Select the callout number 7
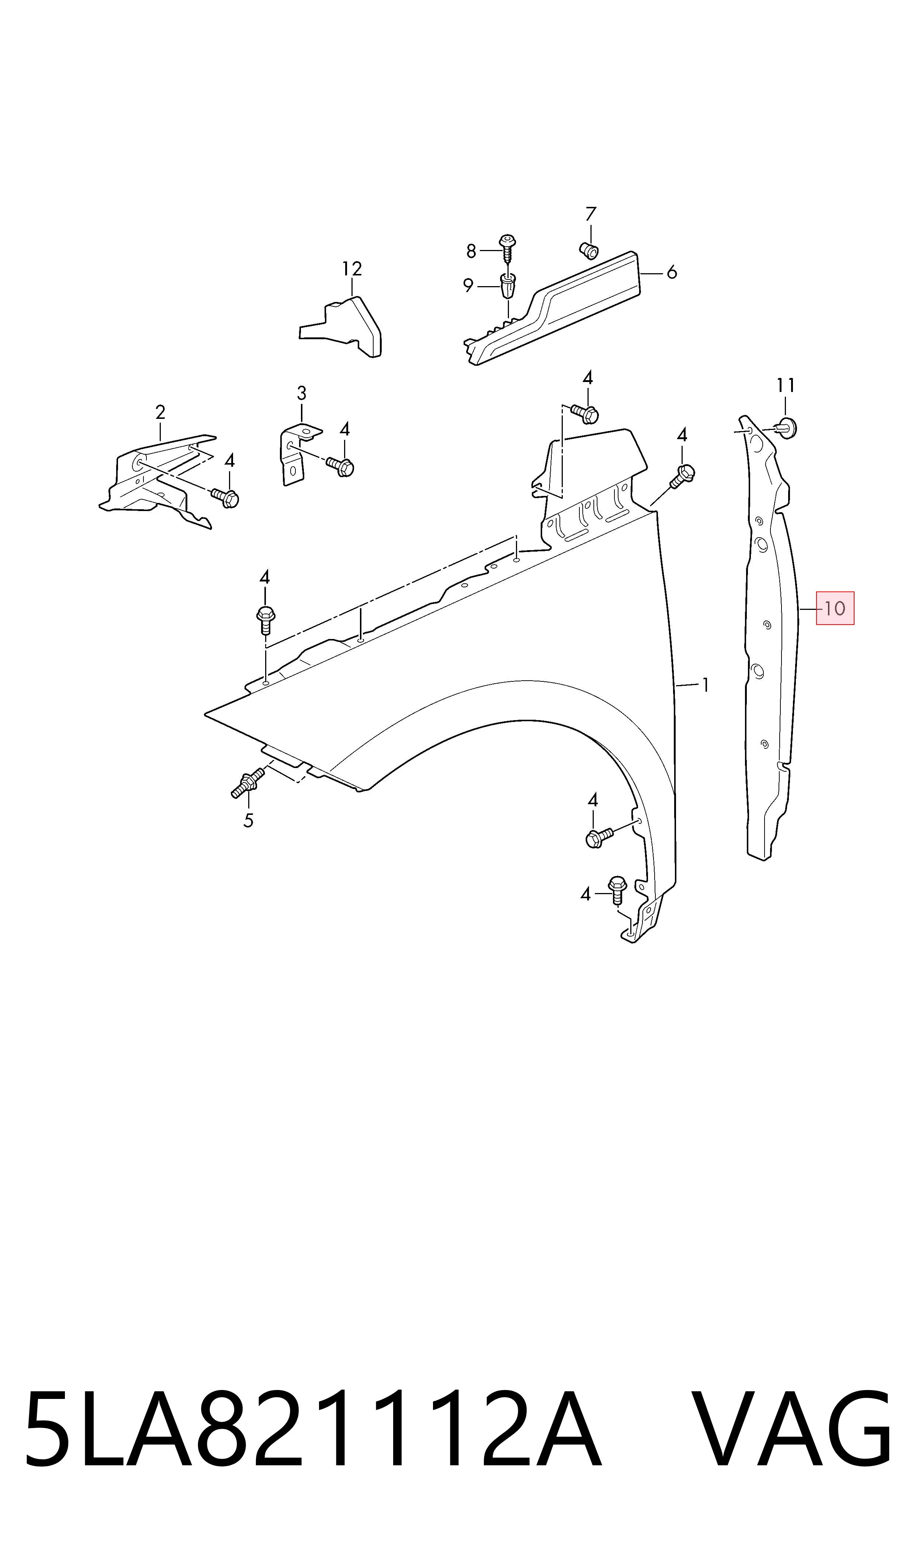pos(591,214)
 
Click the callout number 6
pos(672,272)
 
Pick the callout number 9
pos(469,286)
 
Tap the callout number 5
pos(248,821)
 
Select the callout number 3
pos(301,393)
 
